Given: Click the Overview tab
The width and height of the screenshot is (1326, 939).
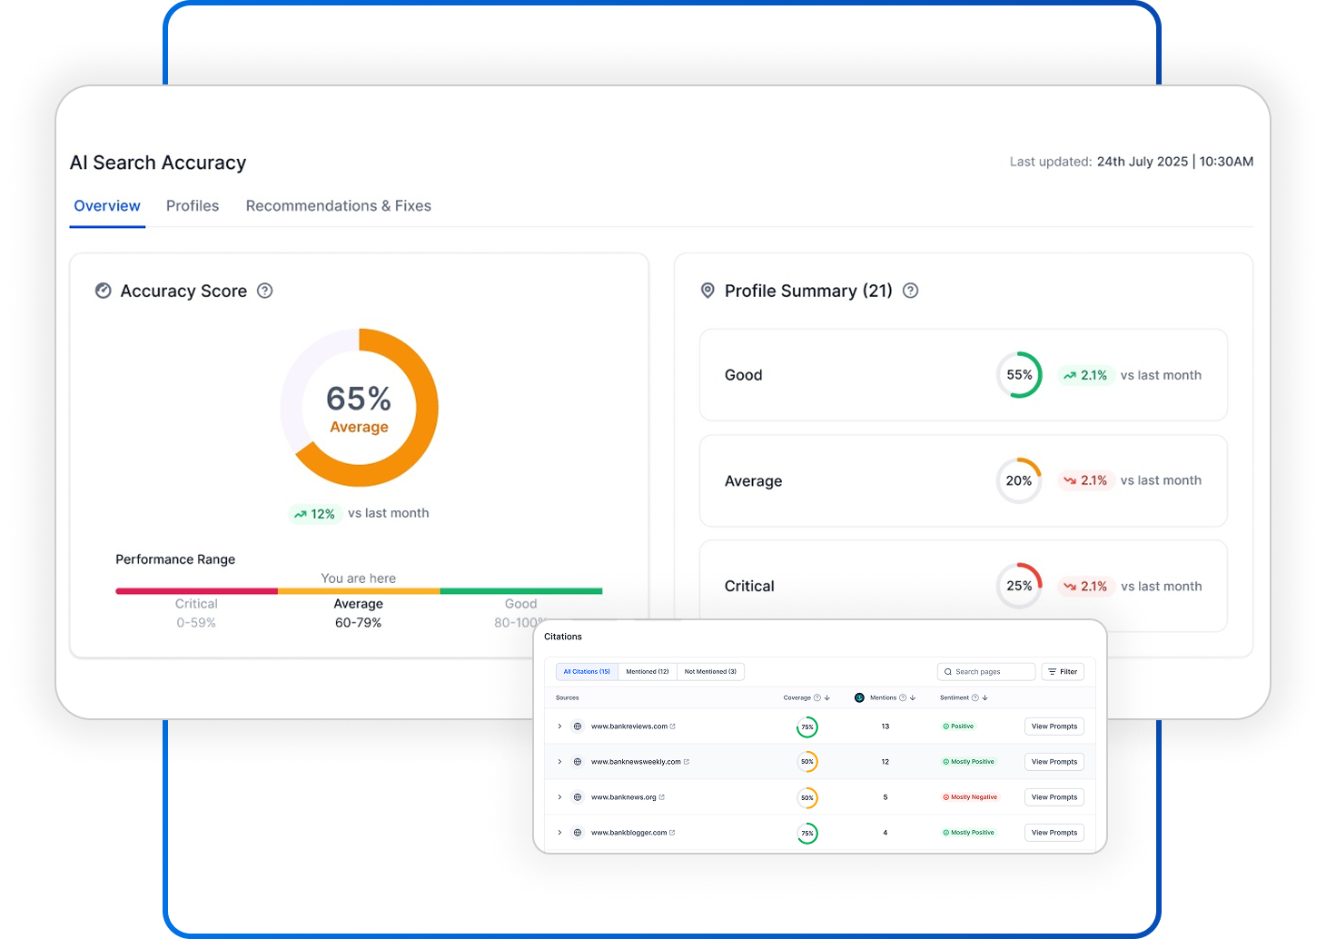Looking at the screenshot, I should pos(107,206).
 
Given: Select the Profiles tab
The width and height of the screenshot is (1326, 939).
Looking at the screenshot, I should pos(193,206).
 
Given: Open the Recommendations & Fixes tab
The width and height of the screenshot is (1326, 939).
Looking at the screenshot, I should pos(338,206).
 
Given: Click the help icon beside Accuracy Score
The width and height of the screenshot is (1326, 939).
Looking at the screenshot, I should pos(265,291).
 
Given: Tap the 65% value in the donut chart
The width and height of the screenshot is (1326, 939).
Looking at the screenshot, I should pos(359,399).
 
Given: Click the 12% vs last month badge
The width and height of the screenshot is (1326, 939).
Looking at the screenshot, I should pos(314,514).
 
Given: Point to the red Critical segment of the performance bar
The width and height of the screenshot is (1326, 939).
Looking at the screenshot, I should pos(196,591).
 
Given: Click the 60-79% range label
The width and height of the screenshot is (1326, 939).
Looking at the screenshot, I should pos(358,623).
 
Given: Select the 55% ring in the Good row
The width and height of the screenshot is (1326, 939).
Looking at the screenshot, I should pos(1019,375).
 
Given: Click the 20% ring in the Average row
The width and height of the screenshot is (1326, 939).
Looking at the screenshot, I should pos(1019,481).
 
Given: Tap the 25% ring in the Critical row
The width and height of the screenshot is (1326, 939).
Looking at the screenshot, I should pos(1019,587).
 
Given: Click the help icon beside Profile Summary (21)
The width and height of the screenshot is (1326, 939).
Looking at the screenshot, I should pos(911,291).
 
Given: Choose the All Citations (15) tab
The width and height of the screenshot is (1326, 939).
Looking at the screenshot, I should pos(587,672).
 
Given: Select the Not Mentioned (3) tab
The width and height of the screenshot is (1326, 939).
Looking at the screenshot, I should pos(710,672).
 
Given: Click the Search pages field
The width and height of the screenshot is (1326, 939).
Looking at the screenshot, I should pos(986,672).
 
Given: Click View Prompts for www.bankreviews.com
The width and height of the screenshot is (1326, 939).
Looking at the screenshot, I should pos(1054,726).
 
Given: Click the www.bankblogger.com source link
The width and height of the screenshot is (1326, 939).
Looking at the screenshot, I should pos(629,833).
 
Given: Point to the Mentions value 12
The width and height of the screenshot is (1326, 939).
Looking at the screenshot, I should pos(886,762).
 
